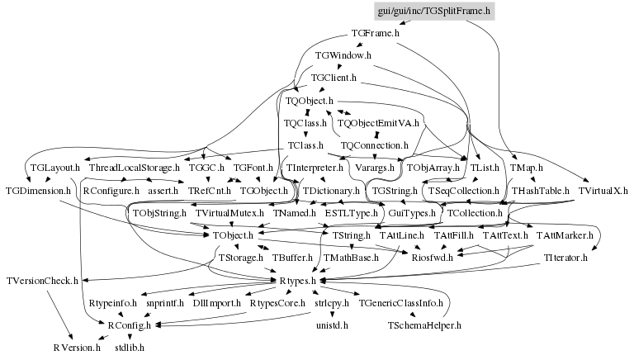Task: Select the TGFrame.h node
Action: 376,34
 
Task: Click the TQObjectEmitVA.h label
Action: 379,123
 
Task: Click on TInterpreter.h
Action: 315,168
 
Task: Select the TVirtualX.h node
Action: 603,191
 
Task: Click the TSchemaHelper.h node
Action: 423,325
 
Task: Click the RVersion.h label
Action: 77,348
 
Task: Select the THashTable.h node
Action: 537,191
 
